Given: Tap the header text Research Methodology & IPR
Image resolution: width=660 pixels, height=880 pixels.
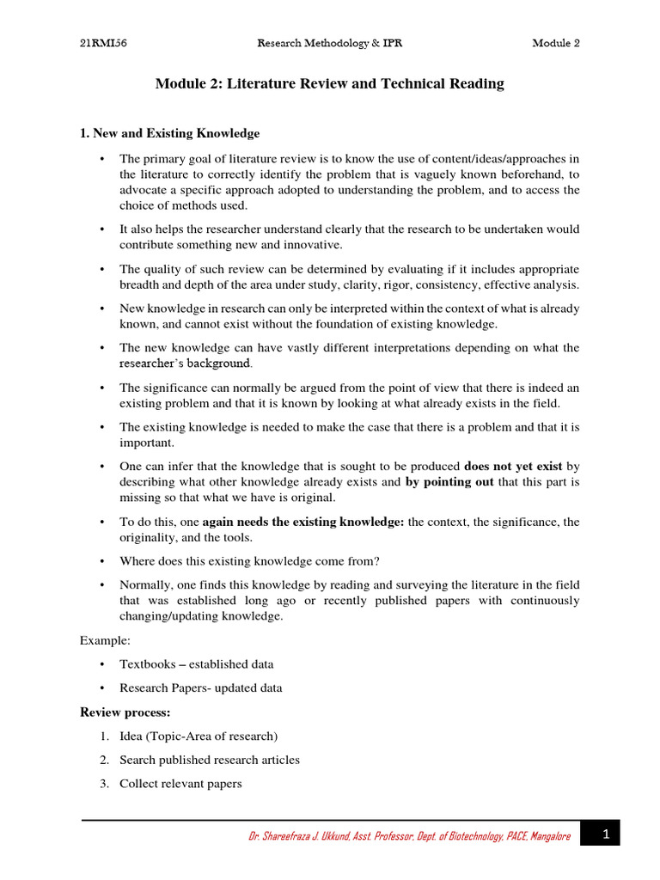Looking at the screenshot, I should (330, 44).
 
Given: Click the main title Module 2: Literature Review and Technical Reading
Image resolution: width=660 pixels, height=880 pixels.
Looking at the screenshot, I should (329, 84).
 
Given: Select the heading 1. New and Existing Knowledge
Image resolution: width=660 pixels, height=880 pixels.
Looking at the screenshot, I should (169, 133).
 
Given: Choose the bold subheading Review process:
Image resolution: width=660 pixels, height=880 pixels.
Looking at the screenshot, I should (125, 712).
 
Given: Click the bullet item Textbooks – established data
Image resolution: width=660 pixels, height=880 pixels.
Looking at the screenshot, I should (197, 664).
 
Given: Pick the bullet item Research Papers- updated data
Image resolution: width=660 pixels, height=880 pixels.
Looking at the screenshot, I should (200, 688).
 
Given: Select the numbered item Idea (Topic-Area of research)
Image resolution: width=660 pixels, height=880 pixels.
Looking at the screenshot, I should (199, 736).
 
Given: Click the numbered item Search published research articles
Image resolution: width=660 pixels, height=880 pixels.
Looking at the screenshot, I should (210, 760).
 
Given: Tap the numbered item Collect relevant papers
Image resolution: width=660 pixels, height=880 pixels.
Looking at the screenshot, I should (180, 784).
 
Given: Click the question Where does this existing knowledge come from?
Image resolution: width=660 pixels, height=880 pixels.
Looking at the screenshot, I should (249, 561).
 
